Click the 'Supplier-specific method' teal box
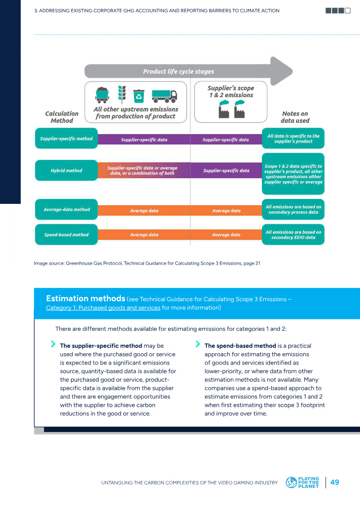[66, 139]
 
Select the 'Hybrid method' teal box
[66, 171]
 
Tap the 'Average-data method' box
[66, 209]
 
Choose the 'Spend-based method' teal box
[66, 234]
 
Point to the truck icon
[165, 96]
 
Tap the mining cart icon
[102, 95]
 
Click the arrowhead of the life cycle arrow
[281, 71]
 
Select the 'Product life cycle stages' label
[179, 72]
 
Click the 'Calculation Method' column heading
[62, 117]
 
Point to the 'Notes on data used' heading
[295, 117]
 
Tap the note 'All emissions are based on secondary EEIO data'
[293, 234]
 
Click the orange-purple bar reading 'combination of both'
[144, 171]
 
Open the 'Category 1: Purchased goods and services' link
[103, 308]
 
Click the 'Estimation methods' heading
[85, 299]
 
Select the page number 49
[335, 482]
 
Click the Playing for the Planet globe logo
[291, 482]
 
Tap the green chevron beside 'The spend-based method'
[198, 344]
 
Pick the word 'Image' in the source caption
[40, 264]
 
